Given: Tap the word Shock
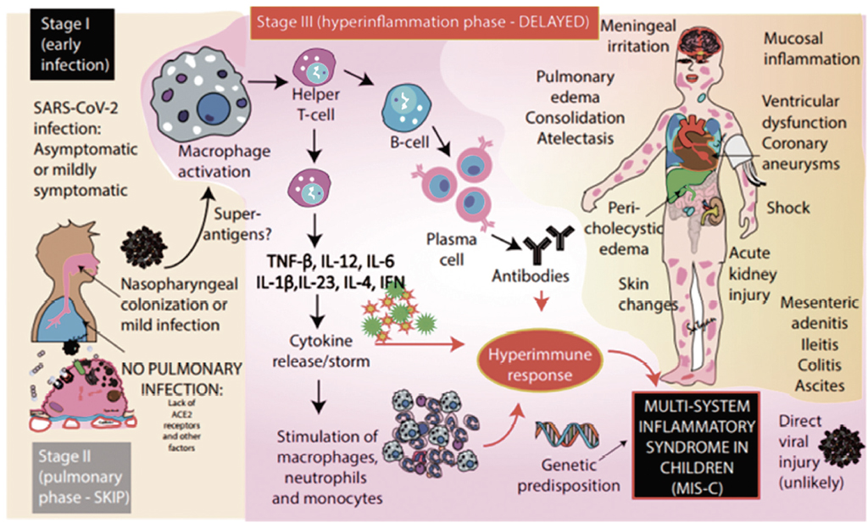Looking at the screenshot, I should pyautogui.click(x=788, y=209).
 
